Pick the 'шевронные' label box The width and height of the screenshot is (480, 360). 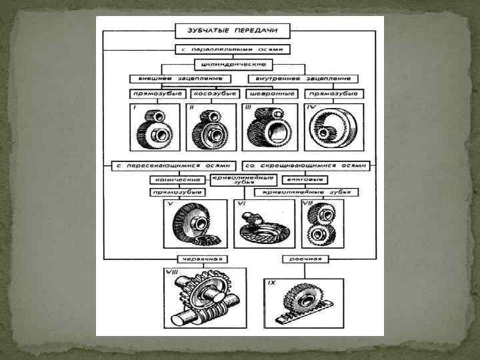271,94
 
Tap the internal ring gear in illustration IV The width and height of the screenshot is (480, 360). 333,129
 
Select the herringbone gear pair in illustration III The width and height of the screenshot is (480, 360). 270,129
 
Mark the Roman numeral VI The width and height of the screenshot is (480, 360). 243,203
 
